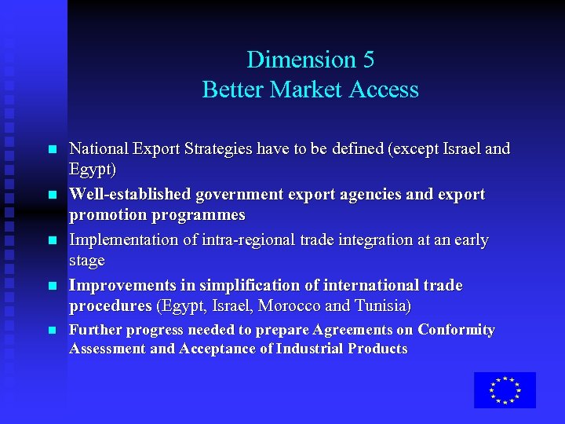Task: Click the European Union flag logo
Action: pos(505,389)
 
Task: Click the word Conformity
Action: pos(456,330)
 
